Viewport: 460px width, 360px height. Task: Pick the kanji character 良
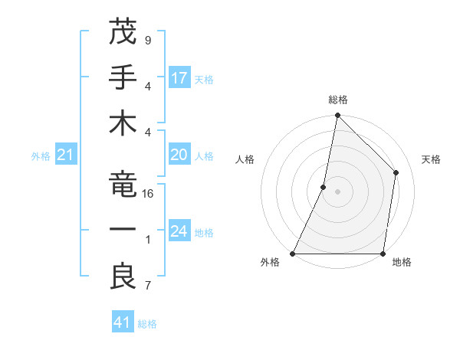(123, 277)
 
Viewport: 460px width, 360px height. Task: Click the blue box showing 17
(179, 77)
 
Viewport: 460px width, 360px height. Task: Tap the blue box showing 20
(179, 155)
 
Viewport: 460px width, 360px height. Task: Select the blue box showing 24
(179, 231)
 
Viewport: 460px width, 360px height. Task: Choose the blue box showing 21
(66, 155)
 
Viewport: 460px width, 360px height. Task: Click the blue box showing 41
(123, 322)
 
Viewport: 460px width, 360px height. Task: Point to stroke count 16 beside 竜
(148, 194)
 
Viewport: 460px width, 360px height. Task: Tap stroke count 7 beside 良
(148, 286)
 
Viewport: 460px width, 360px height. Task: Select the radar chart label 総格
(338, 100)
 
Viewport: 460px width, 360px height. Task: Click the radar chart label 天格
(432, 159)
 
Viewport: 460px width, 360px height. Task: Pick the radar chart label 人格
(245, 159)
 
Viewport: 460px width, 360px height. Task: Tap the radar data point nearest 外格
(293, 254)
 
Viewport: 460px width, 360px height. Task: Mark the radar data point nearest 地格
(383, 254)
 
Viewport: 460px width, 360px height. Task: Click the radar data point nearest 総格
(337, 116)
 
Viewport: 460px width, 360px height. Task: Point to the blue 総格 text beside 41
(147, 323)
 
